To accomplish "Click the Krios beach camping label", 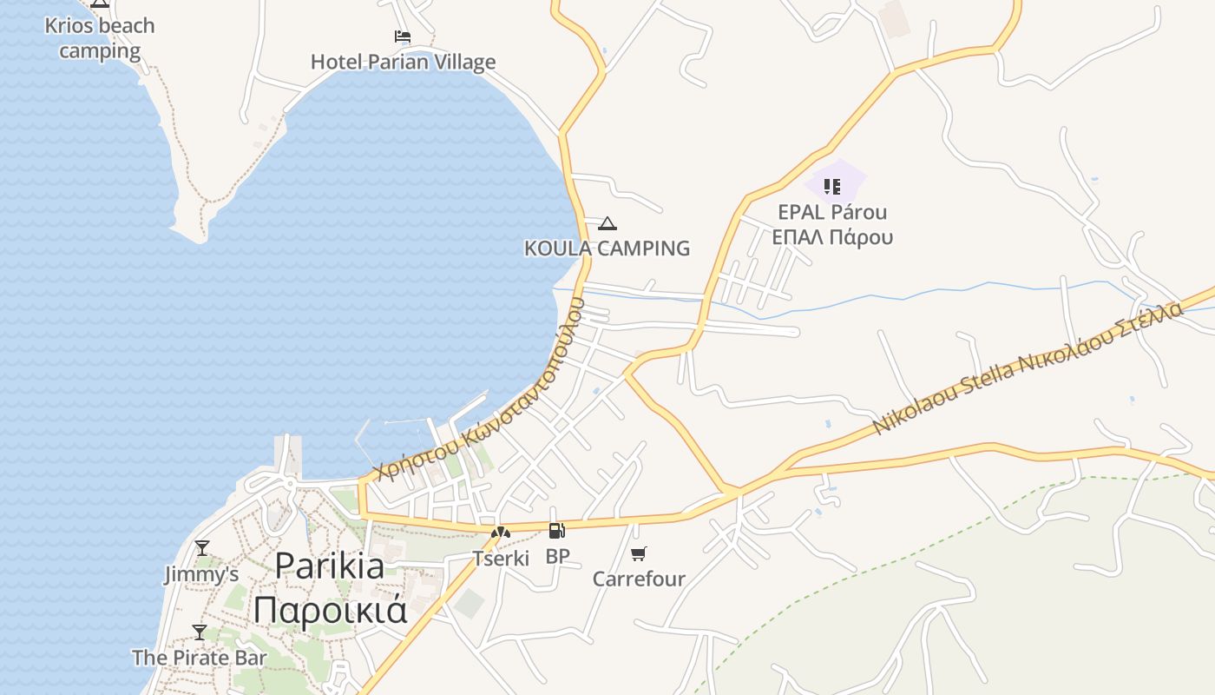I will [100, 38].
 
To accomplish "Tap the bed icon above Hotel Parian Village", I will [403, 36].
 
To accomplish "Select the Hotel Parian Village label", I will [404, 62].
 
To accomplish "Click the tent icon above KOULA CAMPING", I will [607, 224].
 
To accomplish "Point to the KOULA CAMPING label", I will [607, 248].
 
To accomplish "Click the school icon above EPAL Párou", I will [832, 186].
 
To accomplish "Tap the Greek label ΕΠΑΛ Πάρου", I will [832, 237].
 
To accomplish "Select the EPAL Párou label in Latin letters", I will [832, 213].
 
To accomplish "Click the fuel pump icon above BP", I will [557, 531].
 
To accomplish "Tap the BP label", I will [557, 556].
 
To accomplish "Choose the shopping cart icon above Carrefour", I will [639, 553].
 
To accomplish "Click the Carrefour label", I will [639, 579].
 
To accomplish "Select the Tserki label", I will [501, 559].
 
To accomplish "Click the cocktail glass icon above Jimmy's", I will [202, 548].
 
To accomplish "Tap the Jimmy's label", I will [201, 574].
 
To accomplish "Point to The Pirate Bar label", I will [200, 658].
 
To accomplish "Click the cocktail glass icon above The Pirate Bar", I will [200, 632].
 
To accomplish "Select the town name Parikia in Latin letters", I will [330, 566].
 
